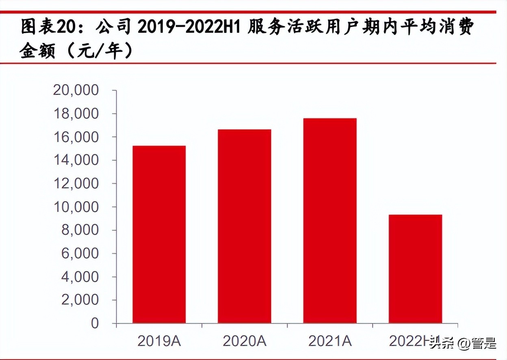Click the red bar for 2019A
coord(159,234)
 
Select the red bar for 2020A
coord(244,226)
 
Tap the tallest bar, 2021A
coord(330,221)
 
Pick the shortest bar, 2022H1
coord(415,269)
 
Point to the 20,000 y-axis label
coord(76,90)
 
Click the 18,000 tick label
coord(76,114)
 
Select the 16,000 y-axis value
coord(76,137)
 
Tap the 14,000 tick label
coord(76,160)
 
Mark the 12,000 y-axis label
coord(76,184)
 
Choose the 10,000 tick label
coord(76,207)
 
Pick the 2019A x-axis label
coord(159,341)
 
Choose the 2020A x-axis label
coord(244,341)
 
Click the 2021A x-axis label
coord(330,341)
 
